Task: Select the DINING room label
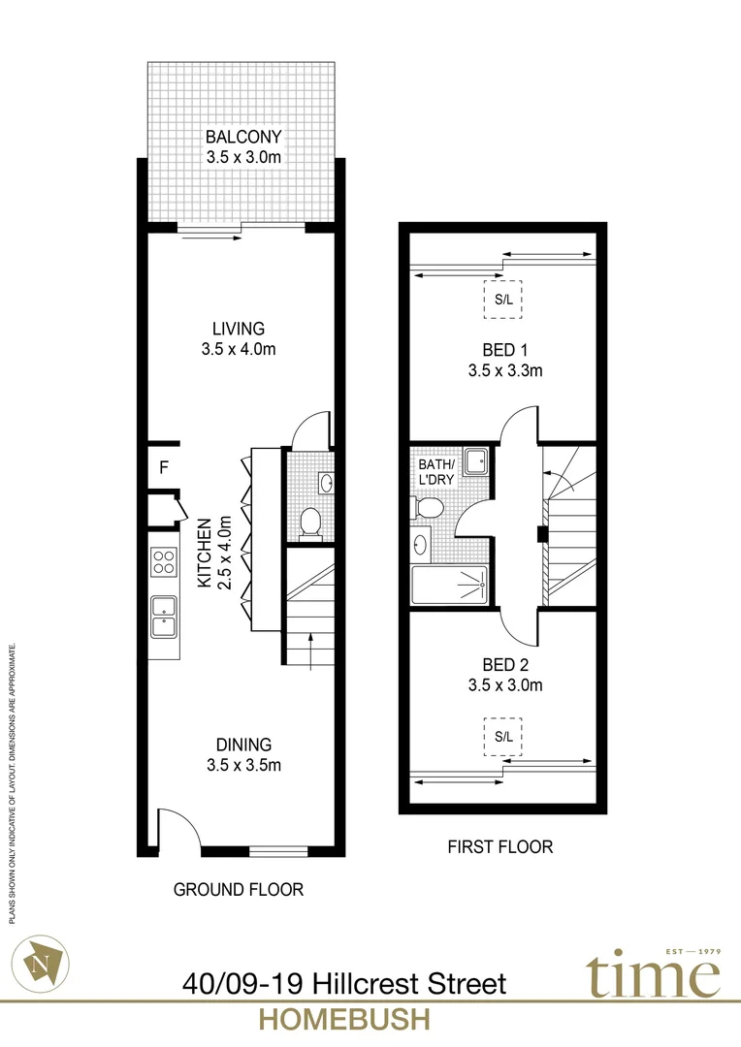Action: pyautogui.click(x=242, y=754)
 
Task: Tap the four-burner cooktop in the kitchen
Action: pyautogui.click(x=163, y=563)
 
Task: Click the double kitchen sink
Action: pyautogui.click(x=163, y=615)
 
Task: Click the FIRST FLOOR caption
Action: pyautogui.click(x=499, y=847)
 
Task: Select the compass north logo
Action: pyautogui.click(x=45, y=961)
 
